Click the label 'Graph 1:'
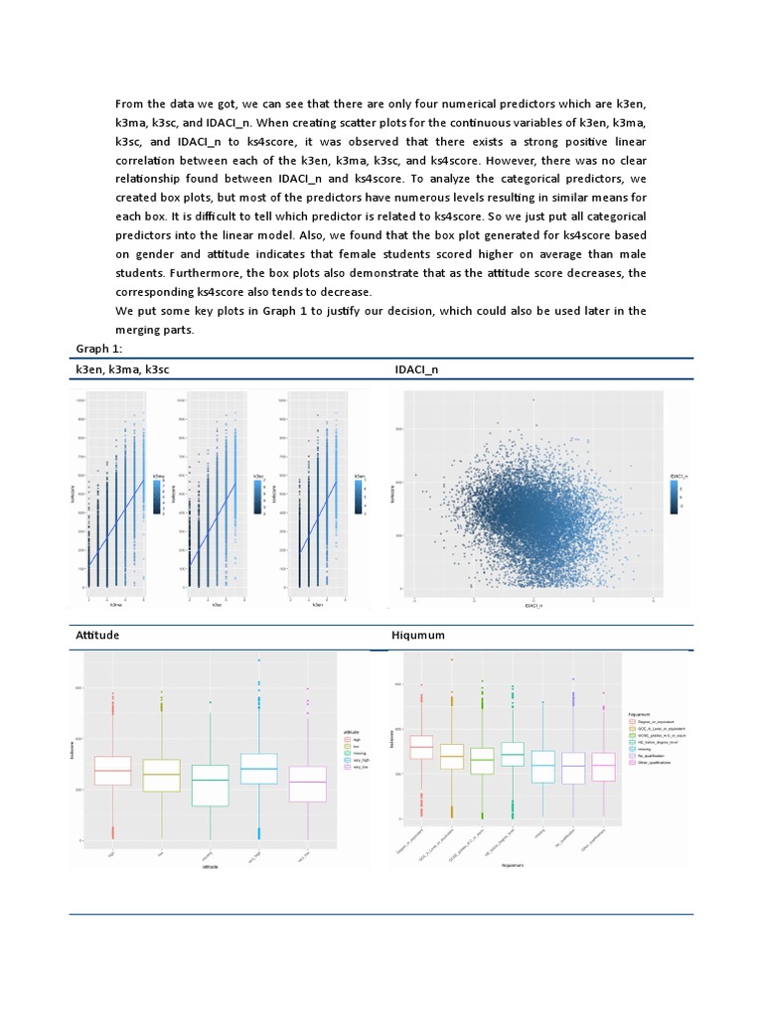[100, 349]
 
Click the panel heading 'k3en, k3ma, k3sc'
[129, 370]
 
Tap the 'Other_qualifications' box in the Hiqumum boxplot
[603, 766]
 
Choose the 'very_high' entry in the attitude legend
[355, 760]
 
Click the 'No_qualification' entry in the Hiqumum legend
[655, 756]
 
